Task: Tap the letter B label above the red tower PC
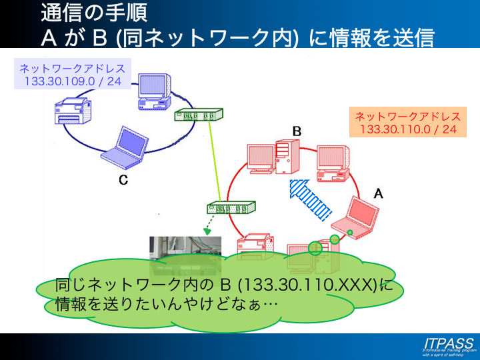coord(297,131)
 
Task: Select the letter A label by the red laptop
coord(378,193)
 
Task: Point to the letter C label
coord(123,180)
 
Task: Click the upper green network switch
coord(197,115)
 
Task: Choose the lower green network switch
coord(231,208)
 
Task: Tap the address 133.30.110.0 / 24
coord(408,129)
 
